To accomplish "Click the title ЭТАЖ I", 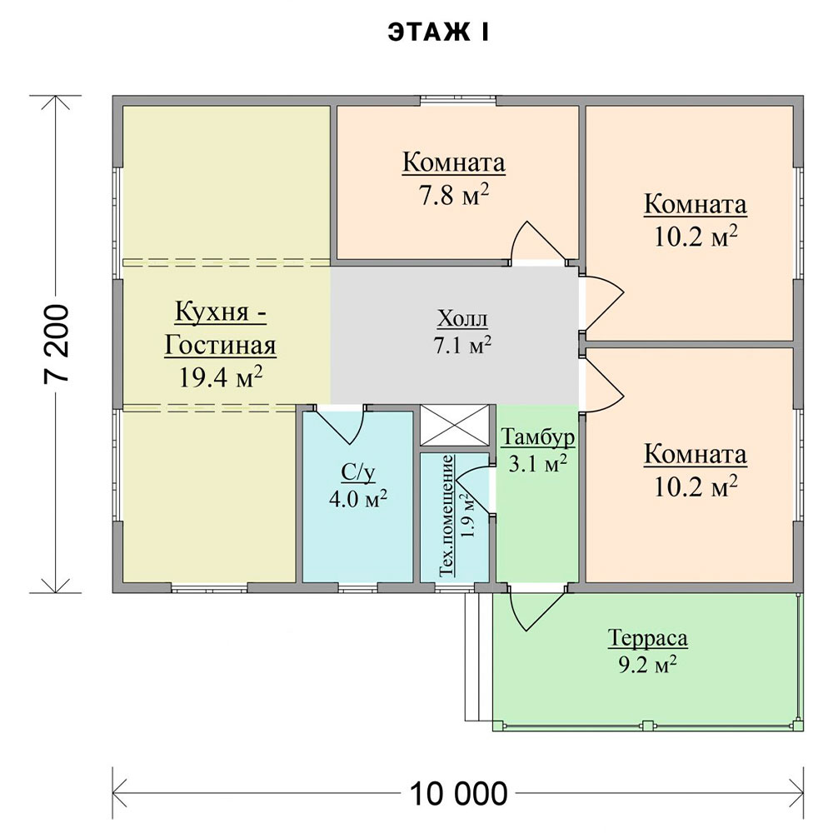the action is [438, 32].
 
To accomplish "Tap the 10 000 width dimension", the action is [458, 794].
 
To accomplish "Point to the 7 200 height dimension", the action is [57, 343].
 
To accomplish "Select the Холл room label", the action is [462, 319].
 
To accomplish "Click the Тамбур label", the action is [537, 436].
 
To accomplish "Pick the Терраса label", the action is [647, 638].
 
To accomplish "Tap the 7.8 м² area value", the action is [454, 195].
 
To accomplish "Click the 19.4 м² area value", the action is [221, 377].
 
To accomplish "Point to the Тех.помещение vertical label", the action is [447, 516].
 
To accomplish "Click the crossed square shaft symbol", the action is [455, 425].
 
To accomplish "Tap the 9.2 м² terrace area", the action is [647, 665].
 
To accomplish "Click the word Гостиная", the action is [221, 345].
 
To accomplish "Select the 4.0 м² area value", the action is [358, 499].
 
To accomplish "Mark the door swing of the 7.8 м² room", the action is [536, 242].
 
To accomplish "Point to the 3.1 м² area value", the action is [537, 463].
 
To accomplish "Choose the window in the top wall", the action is [458, 100].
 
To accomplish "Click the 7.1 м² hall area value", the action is [462, 346].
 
